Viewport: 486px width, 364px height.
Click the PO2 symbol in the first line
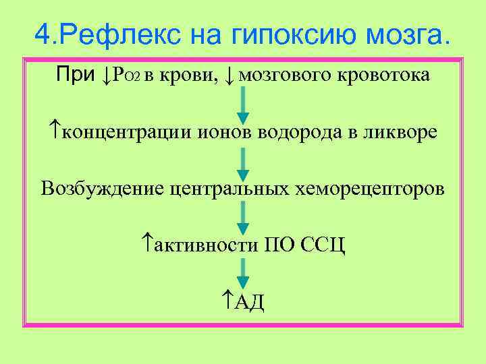point(127,75)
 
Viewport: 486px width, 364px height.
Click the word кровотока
point(381,75)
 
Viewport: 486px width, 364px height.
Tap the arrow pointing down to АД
point(243,274)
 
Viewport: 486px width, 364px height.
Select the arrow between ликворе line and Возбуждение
point(243,162)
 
